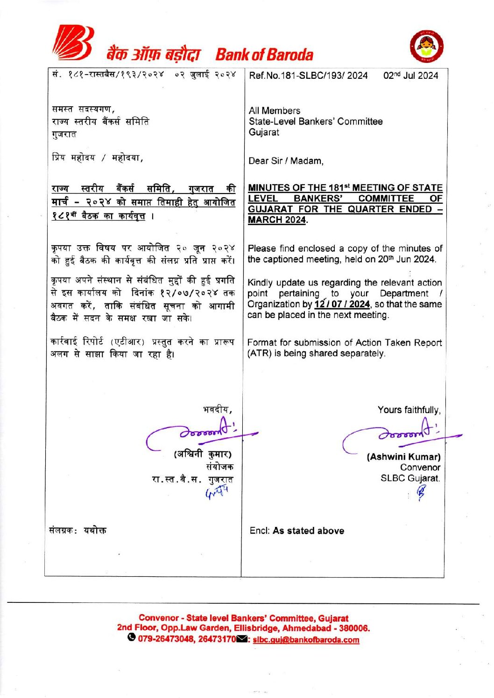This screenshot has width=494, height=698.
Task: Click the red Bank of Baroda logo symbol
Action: pos(73,44)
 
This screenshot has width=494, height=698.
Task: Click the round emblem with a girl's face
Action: pos(426,48)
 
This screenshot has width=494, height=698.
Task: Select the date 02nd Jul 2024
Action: pos(410,76)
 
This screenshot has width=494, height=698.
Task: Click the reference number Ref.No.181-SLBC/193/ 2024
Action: pos(308,76)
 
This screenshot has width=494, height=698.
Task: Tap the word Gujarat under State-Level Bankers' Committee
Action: pos(264,132)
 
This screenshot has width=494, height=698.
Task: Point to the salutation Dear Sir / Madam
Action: pos(286,161)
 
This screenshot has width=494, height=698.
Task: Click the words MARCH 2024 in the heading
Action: pos(277,220)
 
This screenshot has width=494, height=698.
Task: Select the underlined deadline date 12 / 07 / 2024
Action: pos(342,304)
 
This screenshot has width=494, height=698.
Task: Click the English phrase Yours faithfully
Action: pos(409,410)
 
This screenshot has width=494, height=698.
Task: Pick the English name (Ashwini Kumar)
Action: pos(403,457)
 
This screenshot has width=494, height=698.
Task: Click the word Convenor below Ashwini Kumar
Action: pos(420,467)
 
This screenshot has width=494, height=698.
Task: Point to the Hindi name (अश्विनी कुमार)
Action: pos(203,454)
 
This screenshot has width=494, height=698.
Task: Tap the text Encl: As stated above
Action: pos(296,531)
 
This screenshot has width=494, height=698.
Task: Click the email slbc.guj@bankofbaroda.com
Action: pos(306,640)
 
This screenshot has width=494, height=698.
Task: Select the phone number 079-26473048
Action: pos(166,639)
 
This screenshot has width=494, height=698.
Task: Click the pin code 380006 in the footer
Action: pos(353,629)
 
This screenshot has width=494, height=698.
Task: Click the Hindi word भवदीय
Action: pos(217,410)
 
